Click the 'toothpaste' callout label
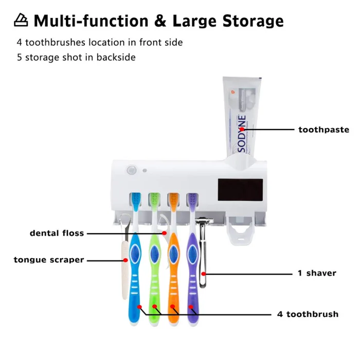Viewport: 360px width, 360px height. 323,130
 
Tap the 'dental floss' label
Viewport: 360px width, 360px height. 57,233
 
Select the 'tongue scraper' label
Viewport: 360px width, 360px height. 49,260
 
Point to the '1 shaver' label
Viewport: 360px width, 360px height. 317,273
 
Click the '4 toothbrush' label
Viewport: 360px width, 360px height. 308,314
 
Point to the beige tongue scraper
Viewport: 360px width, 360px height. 123,267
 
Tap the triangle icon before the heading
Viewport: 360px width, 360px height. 21,21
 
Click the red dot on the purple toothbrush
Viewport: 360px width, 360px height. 191,307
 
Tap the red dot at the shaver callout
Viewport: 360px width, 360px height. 204,273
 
